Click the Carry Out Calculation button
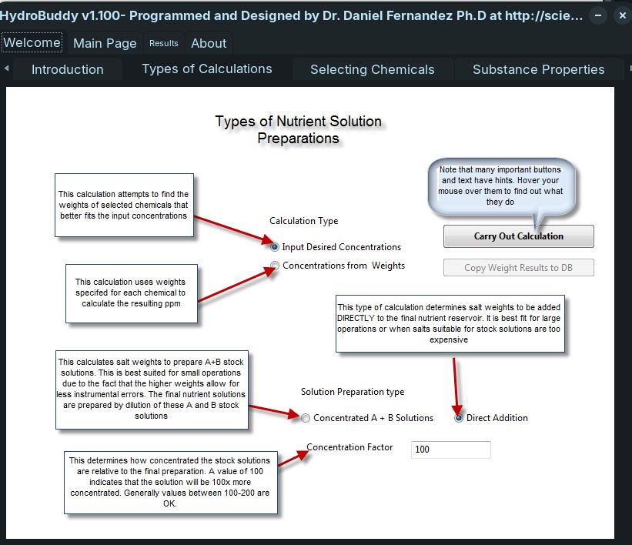tap(518, 236)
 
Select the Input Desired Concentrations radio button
tap(275, 247)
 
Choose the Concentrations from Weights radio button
tap(275, 266)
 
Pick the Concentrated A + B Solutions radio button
tap(306, 418)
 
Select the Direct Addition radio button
tap(460, 418)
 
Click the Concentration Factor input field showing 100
tap(450, 450)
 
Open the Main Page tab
tap(105, 43)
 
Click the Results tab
tap(163, 43)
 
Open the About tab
tap(209, 43)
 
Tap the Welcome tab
tap(32, 43)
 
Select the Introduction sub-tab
tap(67, 69)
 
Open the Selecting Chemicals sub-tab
tap(372, 69)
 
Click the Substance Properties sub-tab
tap(538, 69)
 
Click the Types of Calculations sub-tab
tap(207, 69)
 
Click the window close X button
tap(621, 15)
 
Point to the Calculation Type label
tap(303, 221)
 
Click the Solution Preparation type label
tap(352, 392)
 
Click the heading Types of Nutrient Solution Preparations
tap(298, 130)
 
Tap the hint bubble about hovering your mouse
tap(500, 186)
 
